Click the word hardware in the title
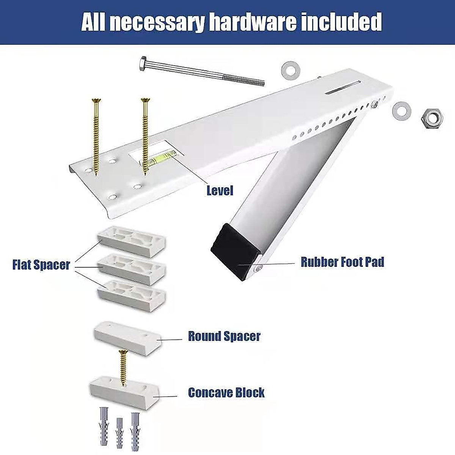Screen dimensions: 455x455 point(252,22)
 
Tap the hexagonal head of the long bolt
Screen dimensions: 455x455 point(143,64)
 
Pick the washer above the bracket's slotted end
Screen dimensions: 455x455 point(290,71)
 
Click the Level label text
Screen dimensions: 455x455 point(220,190)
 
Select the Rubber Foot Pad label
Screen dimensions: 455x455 point(342,262)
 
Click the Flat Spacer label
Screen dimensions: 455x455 point(41,264)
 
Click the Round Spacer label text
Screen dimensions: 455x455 point(224,336)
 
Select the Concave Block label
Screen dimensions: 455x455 point(226,392)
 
